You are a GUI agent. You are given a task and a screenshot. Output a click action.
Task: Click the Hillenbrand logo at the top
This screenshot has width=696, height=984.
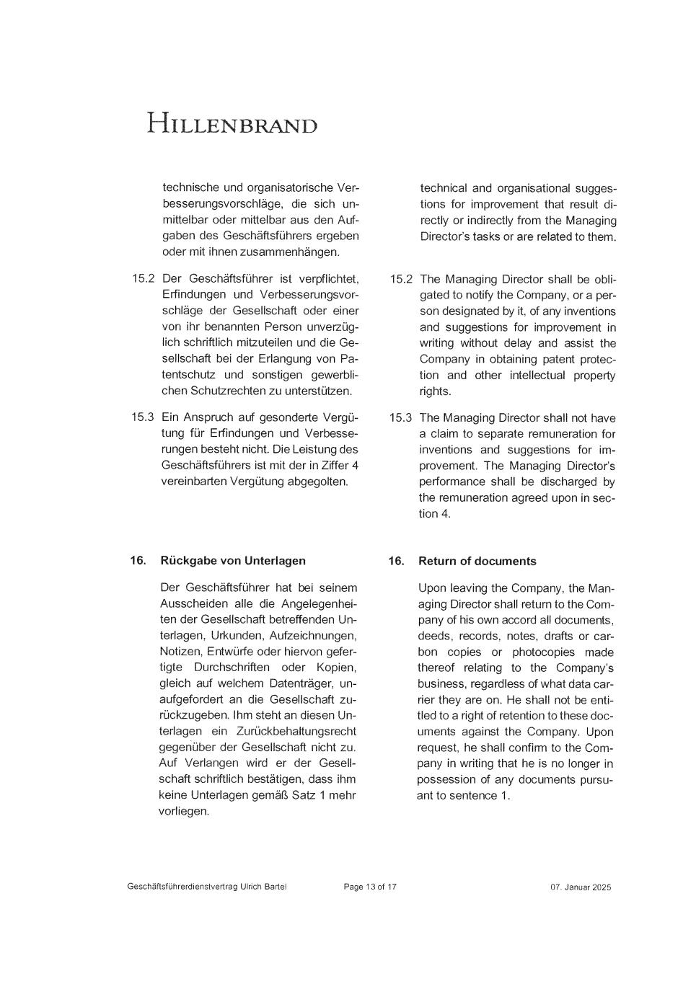click(232, 124)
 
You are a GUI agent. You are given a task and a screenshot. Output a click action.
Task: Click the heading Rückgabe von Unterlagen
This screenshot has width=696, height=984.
click(233, 560)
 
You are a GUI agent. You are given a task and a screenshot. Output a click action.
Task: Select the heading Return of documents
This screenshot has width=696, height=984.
click(477, 561)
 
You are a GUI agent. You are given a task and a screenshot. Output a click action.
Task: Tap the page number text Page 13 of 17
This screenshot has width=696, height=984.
click(370, 887)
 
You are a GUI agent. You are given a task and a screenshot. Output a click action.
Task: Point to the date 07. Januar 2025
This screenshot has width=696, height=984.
click(581, 887)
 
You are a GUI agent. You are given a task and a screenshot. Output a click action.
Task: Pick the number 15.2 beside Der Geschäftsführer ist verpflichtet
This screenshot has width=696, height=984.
click(143, 278)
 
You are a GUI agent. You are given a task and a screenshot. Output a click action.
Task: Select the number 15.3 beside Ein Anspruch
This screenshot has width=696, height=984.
click(143, 417)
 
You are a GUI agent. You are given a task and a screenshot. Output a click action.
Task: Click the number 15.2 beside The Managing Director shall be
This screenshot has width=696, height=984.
click(401, 279)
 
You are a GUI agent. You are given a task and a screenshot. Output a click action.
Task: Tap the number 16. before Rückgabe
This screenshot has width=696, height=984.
click(138, 560)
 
